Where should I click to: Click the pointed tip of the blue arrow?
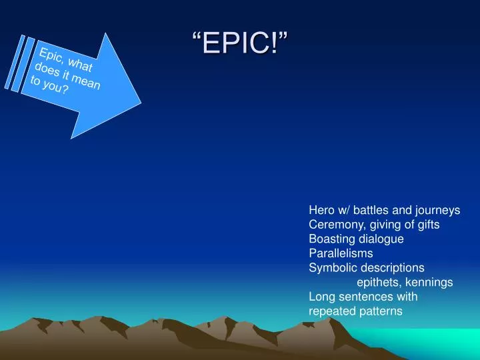coord(141,103)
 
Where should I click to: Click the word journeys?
coord(436,210)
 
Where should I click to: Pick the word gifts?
coord(427,225)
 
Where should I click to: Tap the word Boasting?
coord(331,239)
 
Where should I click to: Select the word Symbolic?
coord(332,268)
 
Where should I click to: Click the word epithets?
coord(378,282)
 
